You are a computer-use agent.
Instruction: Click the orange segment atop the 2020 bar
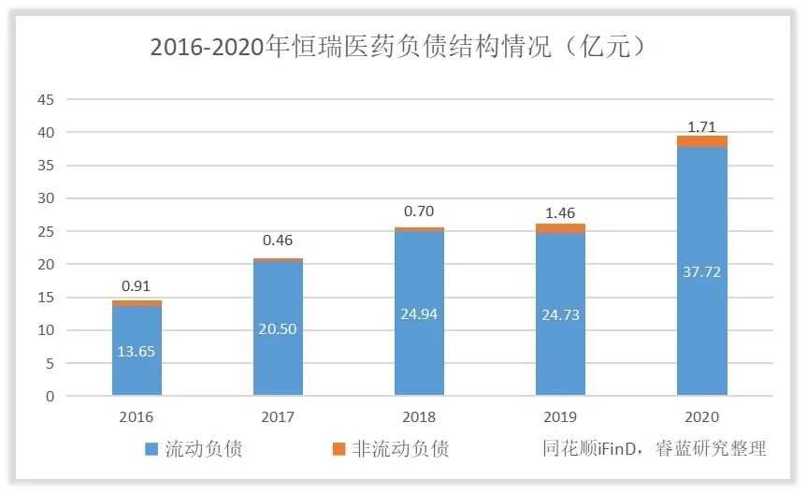[x=701, y=141]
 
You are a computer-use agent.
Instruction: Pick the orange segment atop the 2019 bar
[x=560, y=228]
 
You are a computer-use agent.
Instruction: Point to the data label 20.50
[x=278, y=328]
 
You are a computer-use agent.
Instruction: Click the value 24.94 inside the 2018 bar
[x=419, y=313]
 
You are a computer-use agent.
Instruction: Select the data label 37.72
[x=701, y=271]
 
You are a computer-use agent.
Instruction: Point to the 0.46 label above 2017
[x=278, y=240]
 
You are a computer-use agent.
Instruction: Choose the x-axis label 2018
[x=419, y=417]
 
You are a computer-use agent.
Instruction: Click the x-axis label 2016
[x=137, y=417]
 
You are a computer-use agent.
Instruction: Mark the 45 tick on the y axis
[x=46, y=100]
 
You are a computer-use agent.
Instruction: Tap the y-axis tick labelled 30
[x=46, y=198]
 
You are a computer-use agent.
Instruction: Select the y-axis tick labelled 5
[x=50, y=363]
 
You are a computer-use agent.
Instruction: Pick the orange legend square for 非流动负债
[x=339, y=449]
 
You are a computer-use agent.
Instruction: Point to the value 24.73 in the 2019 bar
[x=560, y=314]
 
